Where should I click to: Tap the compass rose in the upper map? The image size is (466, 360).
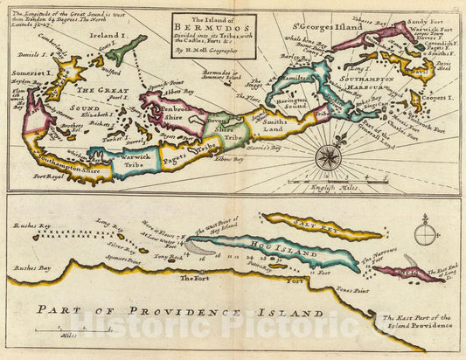point(329,157)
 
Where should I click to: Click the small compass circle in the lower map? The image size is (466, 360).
point(425,235)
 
